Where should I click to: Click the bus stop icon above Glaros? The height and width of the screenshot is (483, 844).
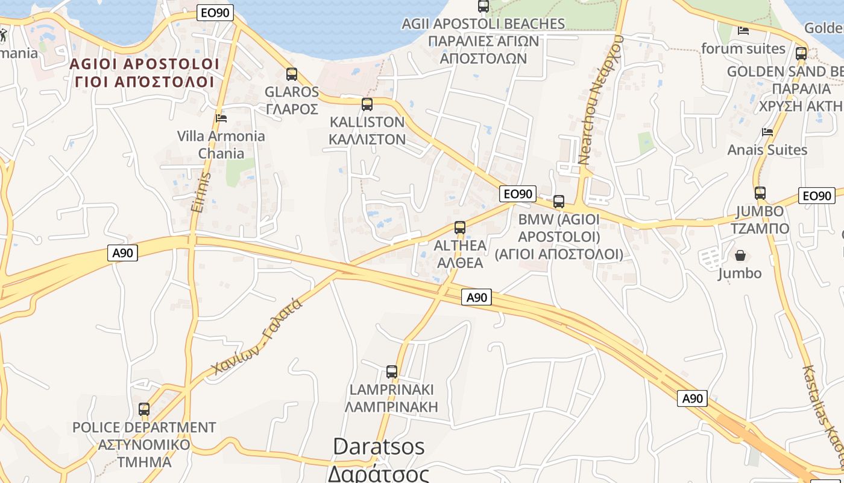(292, 74)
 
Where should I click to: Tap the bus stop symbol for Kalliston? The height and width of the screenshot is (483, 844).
(367, 104)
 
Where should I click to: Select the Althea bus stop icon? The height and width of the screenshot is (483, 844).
(460, 228)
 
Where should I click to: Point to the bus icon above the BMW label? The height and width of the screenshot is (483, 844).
(559, 202)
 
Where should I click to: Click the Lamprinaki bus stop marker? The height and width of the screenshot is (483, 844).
(392, 372)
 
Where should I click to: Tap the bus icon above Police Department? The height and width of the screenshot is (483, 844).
(144, 409)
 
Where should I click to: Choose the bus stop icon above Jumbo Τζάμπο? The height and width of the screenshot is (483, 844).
(760, 193)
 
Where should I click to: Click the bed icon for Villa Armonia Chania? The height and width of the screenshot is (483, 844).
(221, 118)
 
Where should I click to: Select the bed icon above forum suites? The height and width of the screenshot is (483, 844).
(743, 30)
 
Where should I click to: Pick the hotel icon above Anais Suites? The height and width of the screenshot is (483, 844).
(767, 132)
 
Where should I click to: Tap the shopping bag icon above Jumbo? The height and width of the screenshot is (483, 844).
(740, 256)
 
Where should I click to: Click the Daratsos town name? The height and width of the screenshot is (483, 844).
(379, 447)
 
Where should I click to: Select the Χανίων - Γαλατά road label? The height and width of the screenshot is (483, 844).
(257, 337)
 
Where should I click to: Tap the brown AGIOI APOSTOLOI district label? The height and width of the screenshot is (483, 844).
(145, 64)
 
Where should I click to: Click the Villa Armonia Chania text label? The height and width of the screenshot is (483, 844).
(221, 144)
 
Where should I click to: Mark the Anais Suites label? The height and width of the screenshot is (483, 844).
(767, 150)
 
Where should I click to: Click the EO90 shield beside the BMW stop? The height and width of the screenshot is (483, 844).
(518, 194)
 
